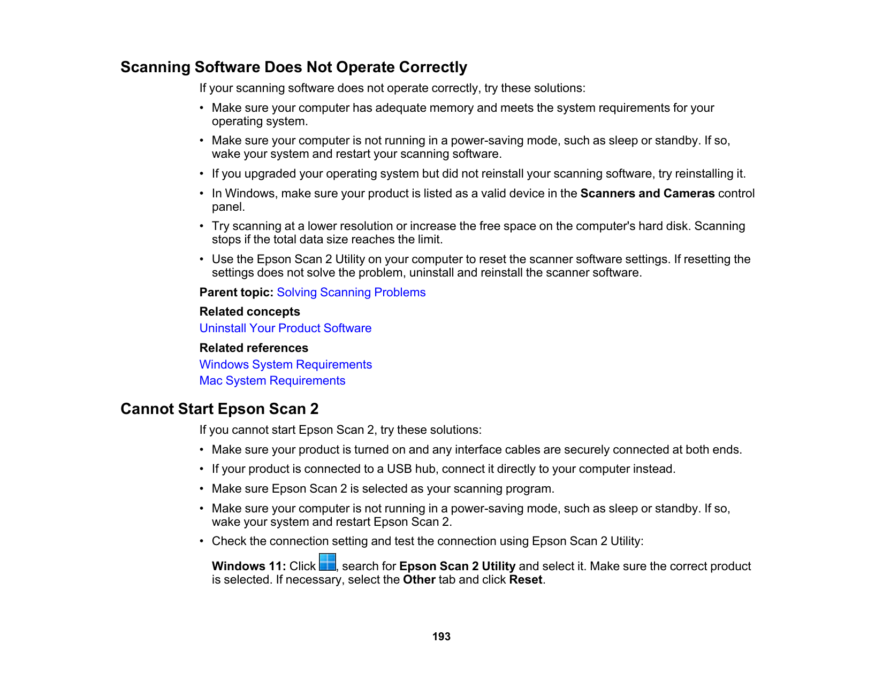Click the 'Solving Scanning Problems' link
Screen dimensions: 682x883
[351, 293]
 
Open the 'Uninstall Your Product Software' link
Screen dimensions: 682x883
[285, 328]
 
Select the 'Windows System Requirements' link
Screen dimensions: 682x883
[285, 365]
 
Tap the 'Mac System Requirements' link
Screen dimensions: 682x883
[272, 381]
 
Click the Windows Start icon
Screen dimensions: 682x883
[328, 563]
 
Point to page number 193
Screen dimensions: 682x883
[441, 637]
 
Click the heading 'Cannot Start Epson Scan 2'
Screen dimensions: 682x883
[219, 409]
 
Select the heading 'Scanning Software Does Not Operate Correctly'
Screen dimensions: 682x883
[294, 67]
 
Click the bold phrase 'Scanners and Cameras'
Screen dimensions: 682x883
[648, 194]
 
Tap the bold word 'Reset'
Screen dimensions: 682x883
[526, 580]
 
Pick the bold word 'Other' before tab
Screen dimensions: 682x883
[419, 580]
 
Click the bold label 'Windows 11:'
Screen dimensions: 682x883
[249, 566]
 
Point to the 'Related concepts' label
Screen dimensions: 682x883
[249, 312]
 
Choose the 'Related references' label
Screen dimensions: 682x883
[254, 348]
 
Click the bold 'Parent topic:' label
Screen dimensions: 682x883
[237, 293]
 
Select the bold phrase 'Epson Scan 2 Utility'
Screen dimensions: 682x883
[457, 566]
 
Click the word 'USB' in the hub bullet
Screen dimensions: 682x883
[399, 469]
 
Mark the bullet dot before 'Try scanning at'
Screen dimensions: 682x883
[202, 226]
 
